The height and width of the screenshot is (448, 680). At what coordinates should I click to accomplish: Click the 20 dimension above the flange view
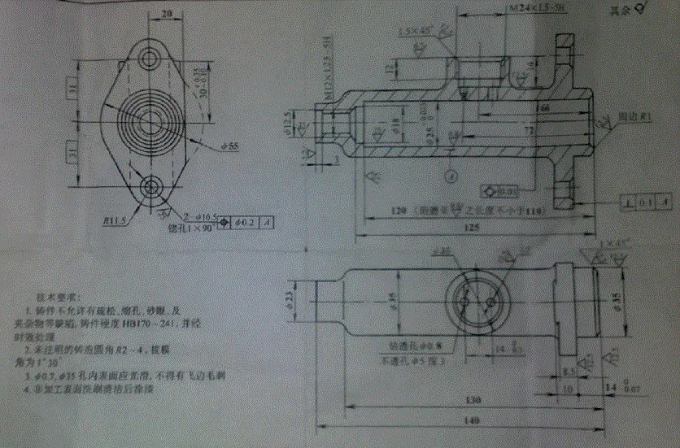(x=167, y=14)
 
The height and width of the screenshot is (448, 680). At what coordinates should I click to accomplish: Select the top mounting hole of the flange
(x=150, y=59)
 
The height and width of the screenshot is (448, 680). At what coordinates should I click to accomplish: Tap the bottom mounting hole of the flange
(x=150, y=188)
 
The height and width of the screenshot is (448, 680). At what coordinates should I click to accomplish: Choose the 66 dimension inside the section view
(x=543, y=107)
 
